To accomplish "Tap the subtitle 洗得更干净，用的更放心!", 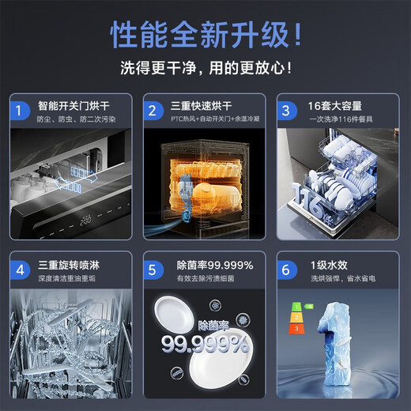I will click(205, 66).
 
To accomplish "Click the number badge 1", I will click(18, 109).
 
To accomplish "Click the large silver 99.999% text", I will click(205, 344).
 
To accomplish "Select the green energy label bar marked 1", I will click(297, 304).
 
